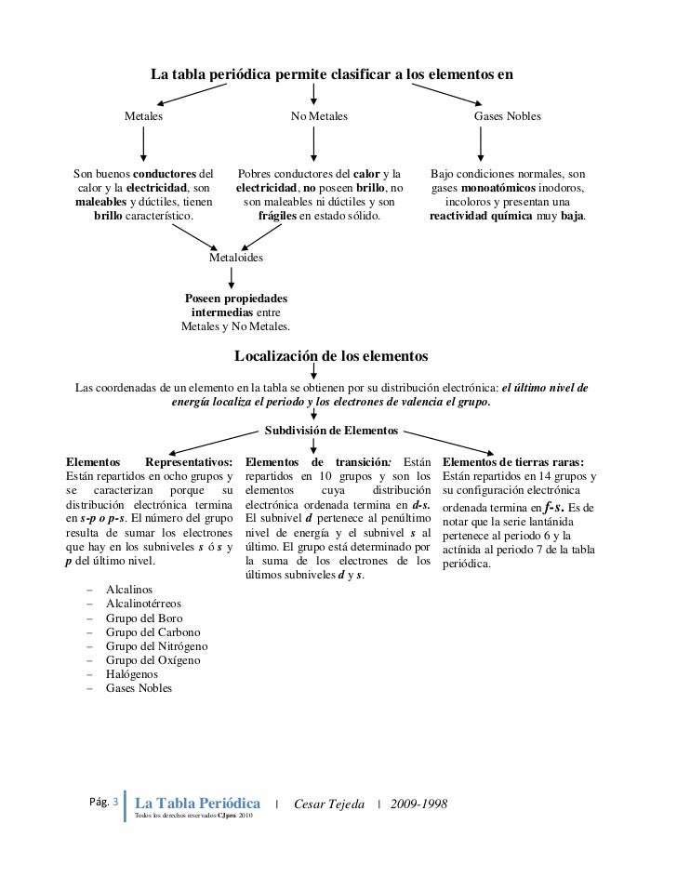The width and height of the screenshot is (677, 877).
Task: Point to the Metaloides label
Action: pos(236,257)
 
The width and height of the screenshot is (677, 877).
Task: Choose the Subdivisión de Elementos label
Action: pos(332,432)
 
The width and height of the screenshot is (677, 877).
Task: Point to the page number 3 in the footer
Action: pos(117,801)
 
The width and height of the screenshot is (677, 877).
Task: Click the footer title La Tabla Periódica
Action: pos(198,803)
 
